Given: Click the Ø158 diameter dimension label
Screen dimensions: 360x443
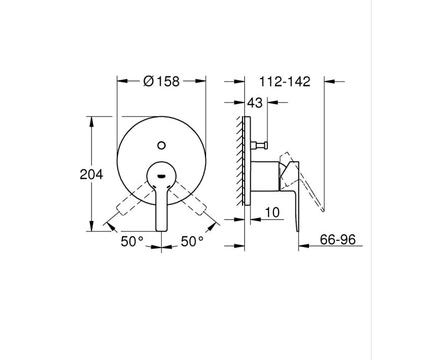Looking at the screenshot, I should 161,81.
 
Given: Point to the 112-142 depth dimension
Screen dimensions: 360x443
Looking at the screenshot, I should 285,81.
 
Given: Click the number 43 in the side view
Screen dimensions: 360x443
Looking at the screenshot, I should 255,102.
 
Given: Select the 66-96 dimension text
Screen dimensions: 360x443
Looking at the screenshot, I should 337,240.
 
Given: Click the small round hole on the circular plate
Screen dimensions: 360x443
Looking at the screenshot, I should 161,146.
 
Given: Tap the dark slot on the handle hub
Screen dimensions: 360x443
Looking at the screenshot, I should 161,177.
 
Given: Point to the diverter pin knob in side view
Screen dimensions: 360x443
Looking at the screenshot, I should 259,146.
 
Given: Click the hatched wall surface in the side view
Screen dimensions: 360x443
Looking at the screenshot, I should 241,161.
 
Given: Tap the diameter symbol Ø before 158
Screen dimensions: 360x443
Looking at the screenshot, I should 148,81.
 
